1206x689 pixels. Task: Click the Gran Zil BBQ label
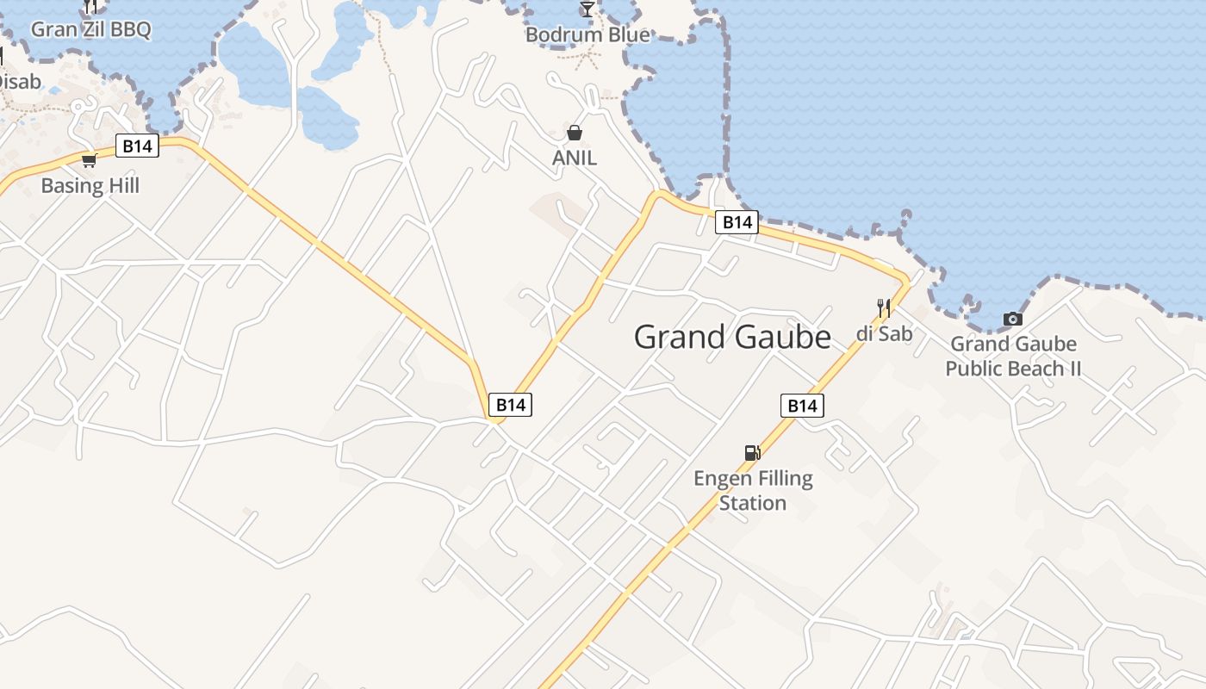(90, 29)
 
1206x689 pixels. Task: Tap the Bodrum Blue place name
(587, 35)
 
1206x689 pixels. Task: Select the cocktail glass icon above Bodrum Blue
(587, 9)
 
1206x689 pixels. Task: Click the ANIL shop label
(574, 158)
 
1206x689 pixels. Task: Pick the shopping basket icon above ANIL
(575, 133)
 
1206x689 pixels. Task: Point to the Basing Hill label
(90, 185)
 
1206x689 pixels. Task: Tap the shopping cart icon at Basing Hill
(89, 160)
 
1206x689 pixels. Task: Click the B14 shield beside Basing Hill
(137, 146)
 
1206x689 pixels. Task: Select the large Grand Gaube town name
(732, 337)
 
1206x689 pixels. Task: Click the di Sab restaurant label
(884, 333)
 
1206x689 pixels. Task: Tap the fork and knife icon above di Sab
(883, 308)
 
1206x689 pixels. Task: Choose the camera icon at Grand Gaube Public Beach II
(1013, 320)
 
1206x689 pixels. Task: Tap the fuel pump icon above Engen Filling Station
(752, 453)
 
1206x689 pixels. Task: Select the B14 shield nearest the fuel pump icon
(802, 406)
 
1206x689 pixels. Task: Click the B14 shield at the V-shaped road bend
(510, 404)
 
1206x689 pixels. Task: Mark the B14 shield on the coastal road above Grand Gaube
(737, 222)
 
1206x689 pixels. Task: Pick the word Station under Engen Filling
(753, 503)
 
